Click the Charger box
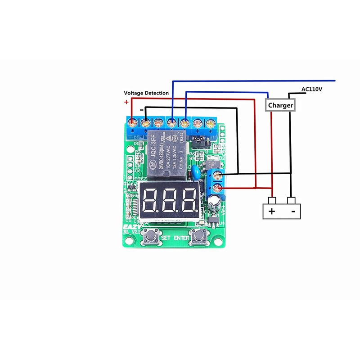click(x=280, y=105)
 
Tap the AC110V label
click(x=312, y=89)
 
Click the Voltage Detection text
click(x=146, y=93)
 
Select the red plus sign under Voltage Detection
click(x=126, y=102)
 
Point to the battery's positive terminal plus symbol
click(x=271, y=211)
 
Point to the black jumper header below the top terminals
click(x=197, y=143)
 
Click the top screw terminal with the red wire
click(x=132, y=122)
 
